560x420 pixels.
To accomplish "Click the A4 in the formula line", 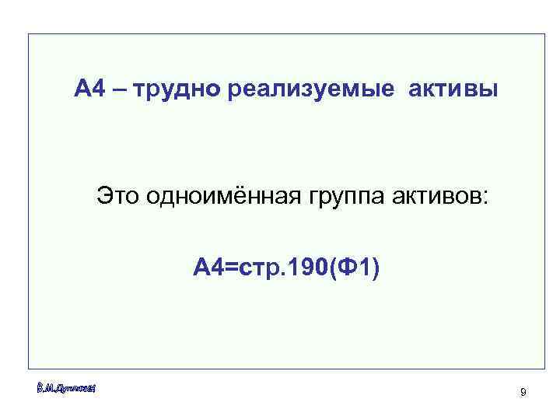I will [x=209, y=269].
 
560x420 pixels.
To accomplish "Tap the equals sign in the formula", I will [x=231, y=270].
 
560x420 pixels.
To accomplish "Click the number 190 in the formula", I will [x=309, y=269].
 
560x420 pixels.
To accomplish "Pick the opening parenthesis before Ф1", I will [x=334, y=270].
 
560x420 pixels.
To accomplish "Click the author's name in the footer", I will [x=65, y=387].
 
